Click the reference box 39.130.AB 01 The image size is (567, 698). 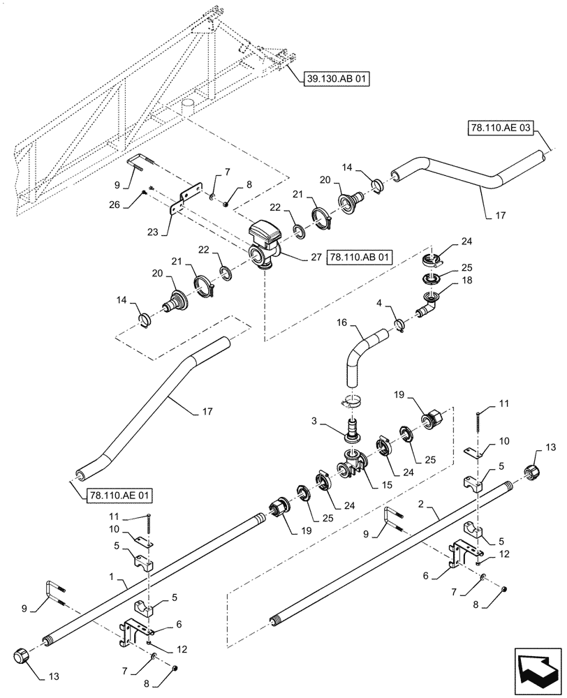tap(336, 79)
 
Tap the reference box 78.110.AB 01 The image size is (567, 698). tap(358, 257)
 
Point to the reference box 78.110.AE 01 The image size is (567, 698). tap(119, 496)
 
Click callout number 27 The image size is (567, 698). tap(316, 257)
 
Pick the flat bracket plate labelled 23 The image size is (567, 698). tap(186, 197)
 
